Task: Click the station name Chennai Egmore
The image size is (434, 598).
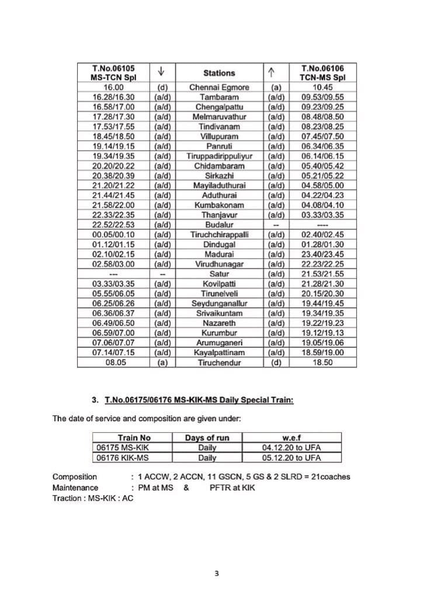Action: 219,88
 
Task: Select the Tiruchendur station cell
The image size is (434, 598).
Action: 219,362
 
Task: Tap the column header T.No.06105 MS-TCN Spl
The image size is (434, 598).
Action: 113,73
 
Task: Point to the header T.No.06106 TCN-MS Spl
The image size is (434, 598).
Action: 322,73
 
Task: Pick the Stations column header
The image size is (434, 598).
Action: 219,73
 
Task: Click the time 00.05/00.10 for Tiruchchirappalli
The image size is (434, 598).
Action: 113,235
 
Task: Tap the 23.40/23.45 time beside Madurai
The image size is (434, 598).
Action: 322,255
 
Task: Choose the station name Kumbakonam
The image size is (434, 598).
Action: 219,206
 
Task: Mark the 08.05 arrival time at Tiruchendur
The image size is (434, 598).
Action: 113,362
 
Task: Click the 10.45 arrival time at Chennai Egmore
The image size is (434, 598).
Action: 322,88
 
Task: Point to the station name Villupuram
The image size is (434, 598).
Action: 219,137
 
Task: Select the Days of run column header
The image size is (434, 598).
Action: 207,438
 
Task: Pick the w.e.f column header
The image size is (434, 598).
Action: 291,438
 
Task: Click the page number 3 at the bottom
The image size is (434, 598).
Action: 217,573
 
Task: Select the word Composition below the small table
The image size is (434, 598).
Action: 75,477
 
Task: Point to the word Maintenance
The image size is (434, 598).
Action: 75,488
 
